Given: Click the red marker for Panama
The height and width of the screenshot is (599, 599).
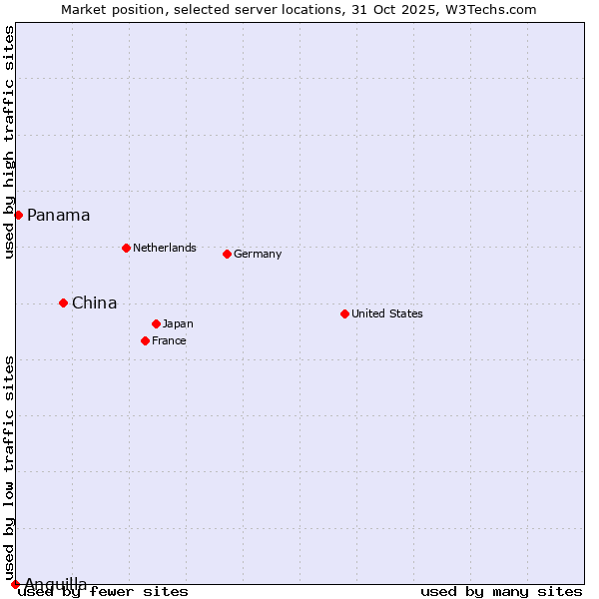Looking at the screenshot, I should click(x=18, y=215).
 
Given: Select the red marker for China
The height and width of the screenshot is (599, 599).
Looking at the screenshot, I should click(x=63, y=302).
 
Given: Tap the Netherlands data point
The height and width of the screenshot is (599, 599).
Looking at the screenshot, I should click(x=126, y=248).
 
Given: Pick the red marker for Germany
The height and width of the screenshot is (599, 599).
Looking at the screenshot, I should click(x=227, y=254).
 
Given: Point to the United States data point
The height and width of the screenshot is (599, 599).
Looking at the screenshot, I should click(x=344, y=313).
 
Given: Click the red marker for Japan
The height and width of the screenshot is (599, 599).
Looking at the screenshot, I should click(x=156, y=323).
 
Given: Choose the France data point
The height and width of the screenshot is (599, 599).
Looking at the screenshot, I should click(x=145, y=340).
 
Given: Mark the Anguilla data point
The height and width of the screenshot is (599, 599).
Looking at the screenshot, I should click(x=15, y=584).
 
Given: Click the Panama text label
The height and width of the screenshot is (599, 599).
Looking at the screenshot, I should click(x=59, y=216).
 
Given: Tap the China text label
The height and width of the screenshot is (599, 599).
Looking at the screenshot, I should click(x=95, y=303).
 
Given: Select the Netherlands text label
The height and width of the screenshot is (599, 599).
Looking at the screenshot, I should click(x=165, y=248).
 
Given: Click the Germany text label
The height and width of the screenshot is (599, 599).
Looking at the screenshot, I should click(x=258, y=254).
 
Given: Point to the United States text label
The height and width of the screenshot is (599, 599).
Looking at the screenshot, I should click(x=387, y=313).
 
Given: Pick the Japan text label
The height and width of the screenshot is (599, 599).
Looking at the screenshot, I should click(x=178, y=323).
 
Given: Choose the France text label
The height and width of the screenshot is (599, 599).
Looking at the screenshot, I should click(x=169, y=340).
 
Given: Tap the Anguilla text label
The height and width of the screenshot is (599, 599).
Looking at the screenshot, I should click(x=56, y=583).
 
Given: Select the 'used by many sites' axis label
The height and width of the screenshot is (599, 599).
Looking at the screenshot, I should click(x=501, y=592).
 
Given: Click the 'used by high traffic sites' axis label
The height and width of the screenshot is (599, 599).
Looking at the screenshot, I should click(x=9, y=142).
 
